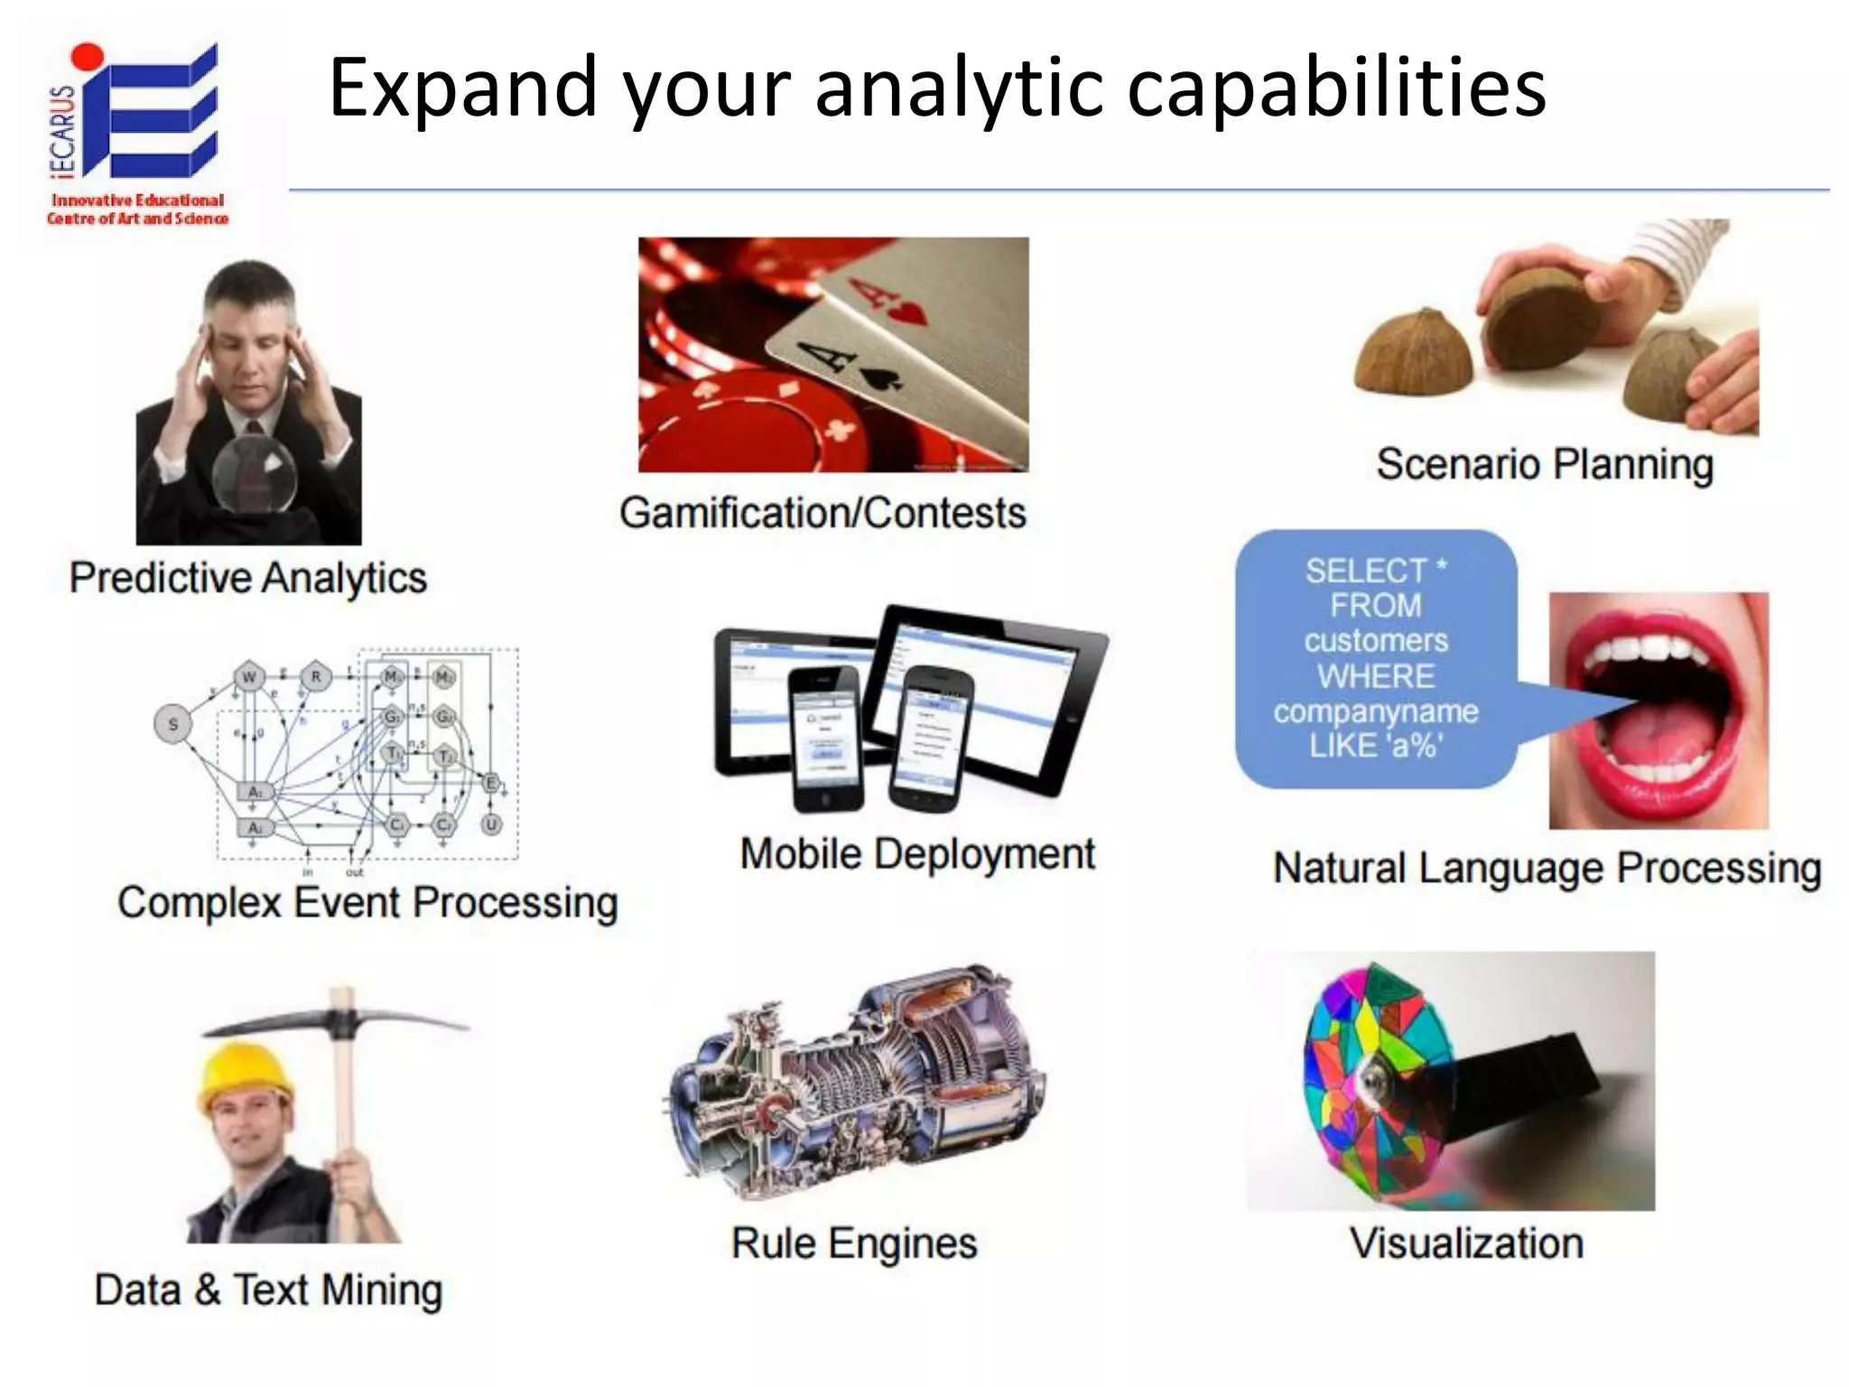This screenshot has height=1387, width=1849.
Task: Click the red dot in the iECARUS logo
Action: (88, 56)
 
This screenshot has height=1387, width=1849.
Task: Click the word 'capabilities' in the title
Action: (1336, 88)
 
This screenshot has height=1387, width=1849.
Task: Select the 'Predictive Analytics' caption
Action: (248, 578)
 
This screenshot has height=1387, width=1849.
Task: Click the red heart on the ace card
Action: (907, 314)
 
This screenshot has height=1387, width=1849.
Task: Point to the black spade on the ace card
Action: (874, 377)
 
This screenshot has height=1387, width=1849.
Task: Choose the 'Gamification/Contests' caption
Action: (822, 513)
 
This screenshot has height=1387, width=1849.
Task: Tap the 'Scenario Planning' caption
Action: (1545, 465)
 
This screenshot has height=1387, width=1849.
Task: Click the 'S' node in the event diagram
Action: (173, 724)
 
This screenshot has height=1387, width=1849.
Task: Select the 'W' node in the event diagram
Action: (249, 676)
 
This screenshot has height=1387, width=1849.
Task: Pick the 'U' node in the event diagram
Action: (491, 824)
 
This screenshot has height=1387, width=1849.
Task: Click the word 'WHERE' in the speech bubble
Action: (1375, 676)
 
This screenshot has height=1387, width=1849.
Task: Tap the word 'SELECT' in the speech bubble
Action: (1365, 571)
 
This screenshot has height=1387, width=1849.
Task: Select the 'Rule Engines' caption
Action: (854, 1243)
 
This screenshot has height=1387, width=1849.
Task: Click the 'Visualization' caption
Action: (1466, 1243)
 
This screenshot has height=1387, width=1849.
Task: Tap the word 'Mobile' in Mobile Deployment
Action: (801, 854)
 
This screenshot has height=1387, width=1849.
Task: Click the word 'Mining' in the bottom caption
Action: (383, 1290)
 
